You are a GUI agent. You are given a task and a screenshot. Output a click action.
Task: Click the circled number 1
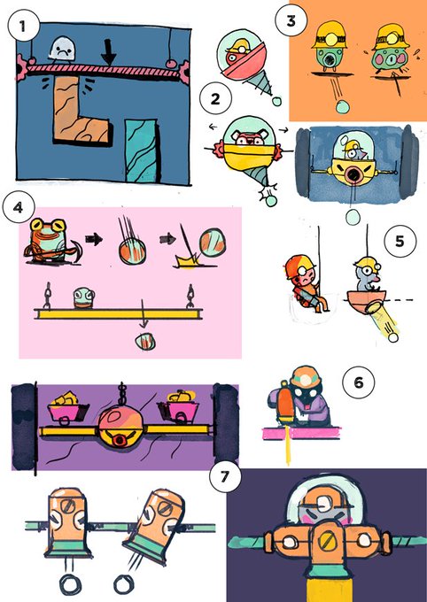(x=23, y=26)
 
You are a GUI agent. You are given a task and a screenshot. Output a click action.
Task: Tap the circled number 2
(x=215, y=98)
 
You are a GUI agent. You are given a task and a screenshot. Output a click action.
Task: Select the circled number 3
(x=291, y=20)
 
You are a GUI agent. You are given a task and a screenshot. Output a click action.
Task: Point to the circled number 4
(x=18, y=207)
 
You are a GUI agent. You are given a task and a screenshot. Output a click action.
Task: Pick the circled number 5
(x=400, y=241)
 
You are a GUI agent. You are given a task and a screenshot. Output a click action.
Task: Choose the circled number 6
(x=358, y=382)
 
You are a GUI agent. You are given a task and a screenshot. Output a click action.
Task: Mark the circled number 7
(x=225, y=476)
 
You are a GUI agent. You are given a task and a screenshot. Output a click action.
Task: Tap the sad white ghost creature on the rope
(x=63, y=49)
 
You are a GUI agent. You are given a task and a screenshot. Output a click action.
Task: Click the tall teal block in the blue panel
(x=142, y=150)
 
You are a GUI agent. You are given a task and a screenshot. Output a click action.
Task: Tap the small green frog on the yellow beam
(x=84, y=298)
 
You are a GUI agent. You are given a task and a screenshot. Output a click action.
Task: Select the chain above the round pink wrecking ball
(x=122, y=393)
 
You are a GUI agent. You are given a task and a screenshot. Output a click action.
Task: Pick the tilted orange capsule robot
(x=154, y=526)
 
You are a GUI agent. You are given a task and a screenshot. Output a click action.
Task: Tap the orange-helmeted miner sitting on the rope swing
(x=306, y=283)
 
